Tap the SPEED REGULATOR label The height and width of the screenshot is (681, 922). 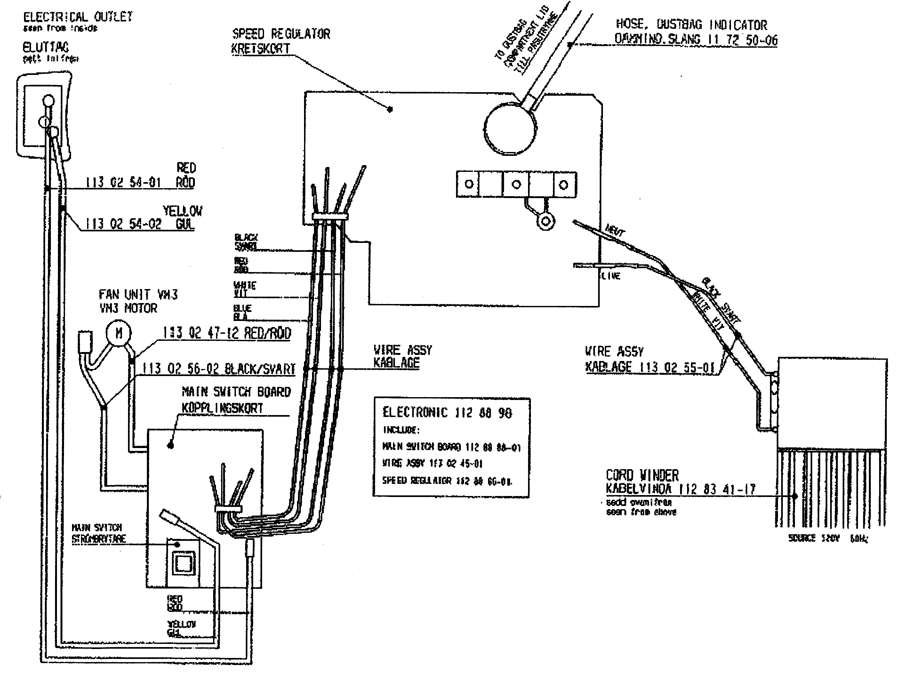tap(281, 34)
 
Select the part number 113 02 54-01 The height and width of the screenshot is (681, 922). tap(123, 182)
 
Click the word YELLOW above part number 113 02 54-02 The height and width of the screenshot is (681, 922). tap(182, 211)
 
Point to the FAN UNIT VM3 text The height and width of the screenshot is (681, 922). tap(138, 294)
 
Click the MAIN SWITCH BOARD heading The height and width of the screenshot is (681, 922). tap(236, 392)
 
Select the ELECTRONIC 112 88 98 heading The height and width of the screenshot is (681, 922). tap(447, 413)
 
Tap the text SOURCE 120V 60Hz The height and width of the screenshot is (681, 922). tap(828, 538)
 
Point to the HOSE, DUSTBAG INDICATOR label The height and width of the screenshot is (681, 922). tap(691, 25)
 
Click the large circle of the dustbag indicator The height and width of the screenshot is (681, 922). tap(510, 128)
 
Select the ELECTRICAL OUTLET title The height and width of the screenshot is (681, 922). tap(78, 17)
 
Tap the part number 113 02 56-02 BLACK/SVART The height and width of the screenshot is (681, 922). tap(219, 369)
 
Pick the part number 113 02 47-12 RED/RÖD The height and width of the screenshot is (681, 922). tap(227, 333)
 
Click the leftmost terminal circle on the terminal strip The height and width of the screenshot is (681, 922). tap(469, 184)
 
